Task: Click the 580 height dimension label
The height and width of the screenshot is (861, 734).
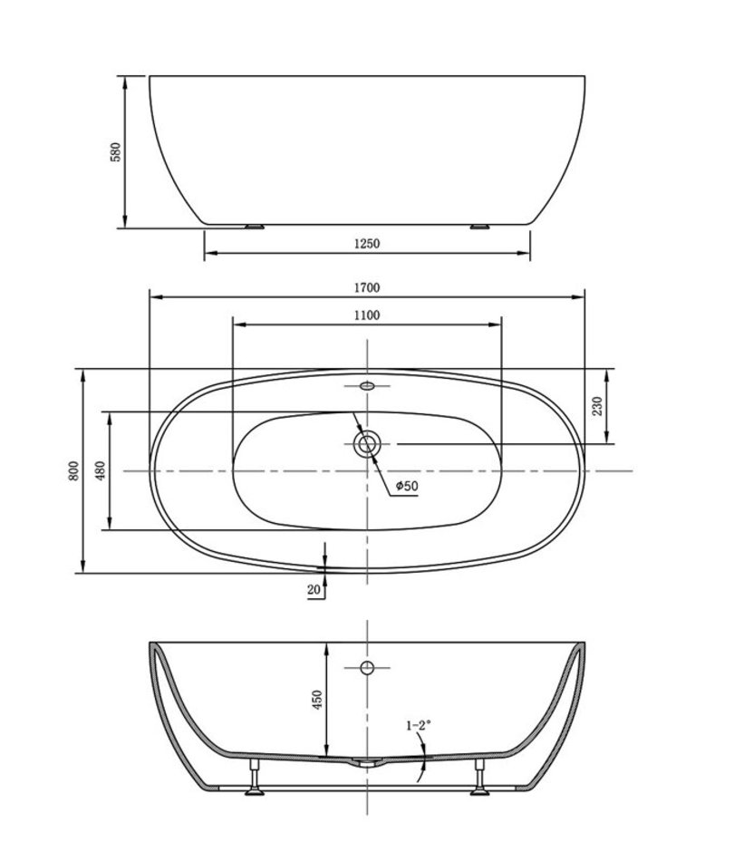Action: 115,152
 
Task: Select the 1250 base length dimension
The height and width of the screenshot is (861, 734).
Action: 367,243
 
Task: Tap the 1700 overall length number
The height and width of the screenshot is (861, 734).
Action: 367,287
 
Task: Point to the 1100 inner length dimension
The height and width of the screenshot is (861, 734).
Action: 367,315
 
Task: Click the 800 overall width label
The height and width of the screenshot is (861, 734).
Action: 73,470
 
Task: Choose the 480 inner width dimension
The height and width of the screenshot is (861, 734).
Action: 100,470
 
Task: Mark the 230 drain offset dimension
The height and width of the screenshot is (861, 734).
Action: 598,406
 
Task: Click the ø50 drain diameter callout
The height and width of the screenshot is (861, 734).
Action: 407,486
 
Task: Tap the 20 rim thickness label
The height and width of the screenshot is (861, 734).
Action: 314,590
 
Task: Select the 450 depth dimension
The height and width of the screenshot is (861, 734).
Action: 317,700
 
